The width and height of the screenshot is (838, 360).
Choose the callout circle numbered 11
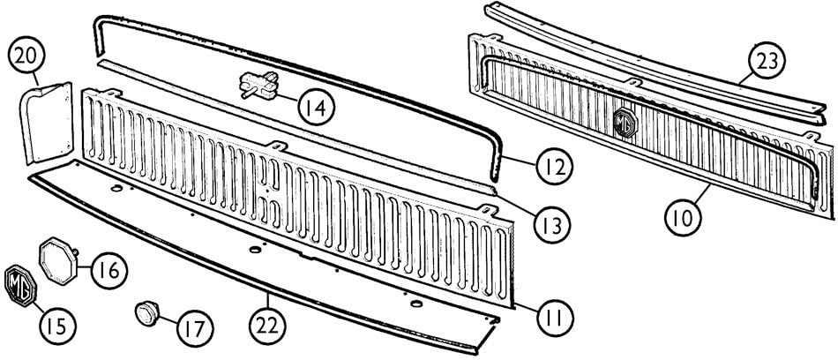(x=553, y=312)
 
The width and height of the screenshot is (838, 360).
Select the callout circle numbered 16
(x=106, y=268)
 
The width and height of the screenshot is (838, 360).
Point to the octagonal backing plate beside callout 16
(x=58, y=257)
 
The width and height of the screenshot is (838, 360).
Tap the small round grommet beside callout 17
(x=146, y=311)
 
